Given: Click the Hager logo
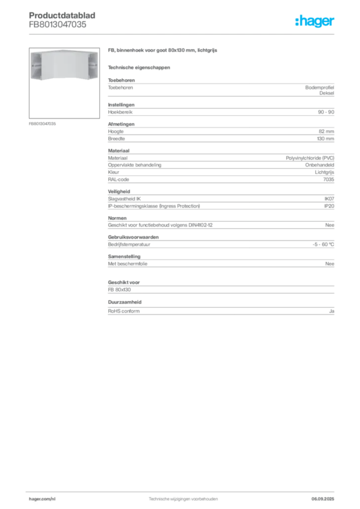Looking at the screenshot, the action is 315,21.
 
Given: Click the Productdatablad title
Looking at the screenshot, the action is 62,15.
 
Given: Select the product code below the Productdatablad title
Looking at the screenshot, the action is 58,24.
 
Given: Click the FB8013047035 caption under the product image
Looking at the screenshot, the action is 42,124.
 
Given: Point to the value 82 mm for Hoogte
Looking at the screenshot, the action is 326,131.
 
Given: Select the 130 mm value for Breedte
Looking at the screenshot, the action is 325,139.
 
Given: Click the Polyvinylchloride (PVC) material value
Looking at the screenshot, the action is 310,158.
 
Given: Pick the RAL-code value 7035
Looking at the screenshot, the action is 329,179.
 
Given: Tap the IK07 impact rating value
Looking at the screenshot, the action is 329,199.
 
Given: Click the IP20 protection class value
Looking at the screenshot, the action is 329,206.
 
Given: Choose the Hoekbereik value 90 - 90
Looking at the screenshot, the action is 326,112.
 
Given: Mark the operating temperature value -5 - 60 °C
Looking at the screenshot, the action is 323,245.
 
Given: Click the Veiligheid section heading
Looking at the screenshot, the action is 119,191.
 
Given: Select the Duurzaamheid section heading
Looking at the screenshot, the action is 125,302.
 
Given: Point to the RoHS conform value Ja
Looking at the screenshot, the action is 332,311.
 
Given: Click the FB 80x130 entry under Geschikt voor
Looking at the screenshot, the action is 119,290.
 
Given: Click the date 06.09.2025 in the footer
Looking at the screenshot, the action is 323,499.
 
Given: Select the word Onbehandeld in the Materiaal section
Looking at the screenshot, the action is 319,165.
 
